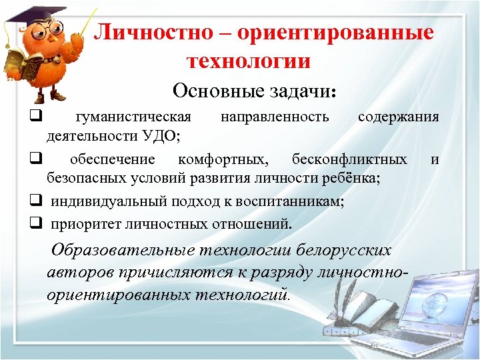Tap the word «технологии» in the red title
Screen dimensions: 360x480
(249, 61)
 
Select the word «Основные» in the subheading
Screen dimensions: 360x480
(212, 90)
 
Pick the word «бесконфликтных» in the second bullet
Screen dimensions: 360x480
(349, 159)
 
